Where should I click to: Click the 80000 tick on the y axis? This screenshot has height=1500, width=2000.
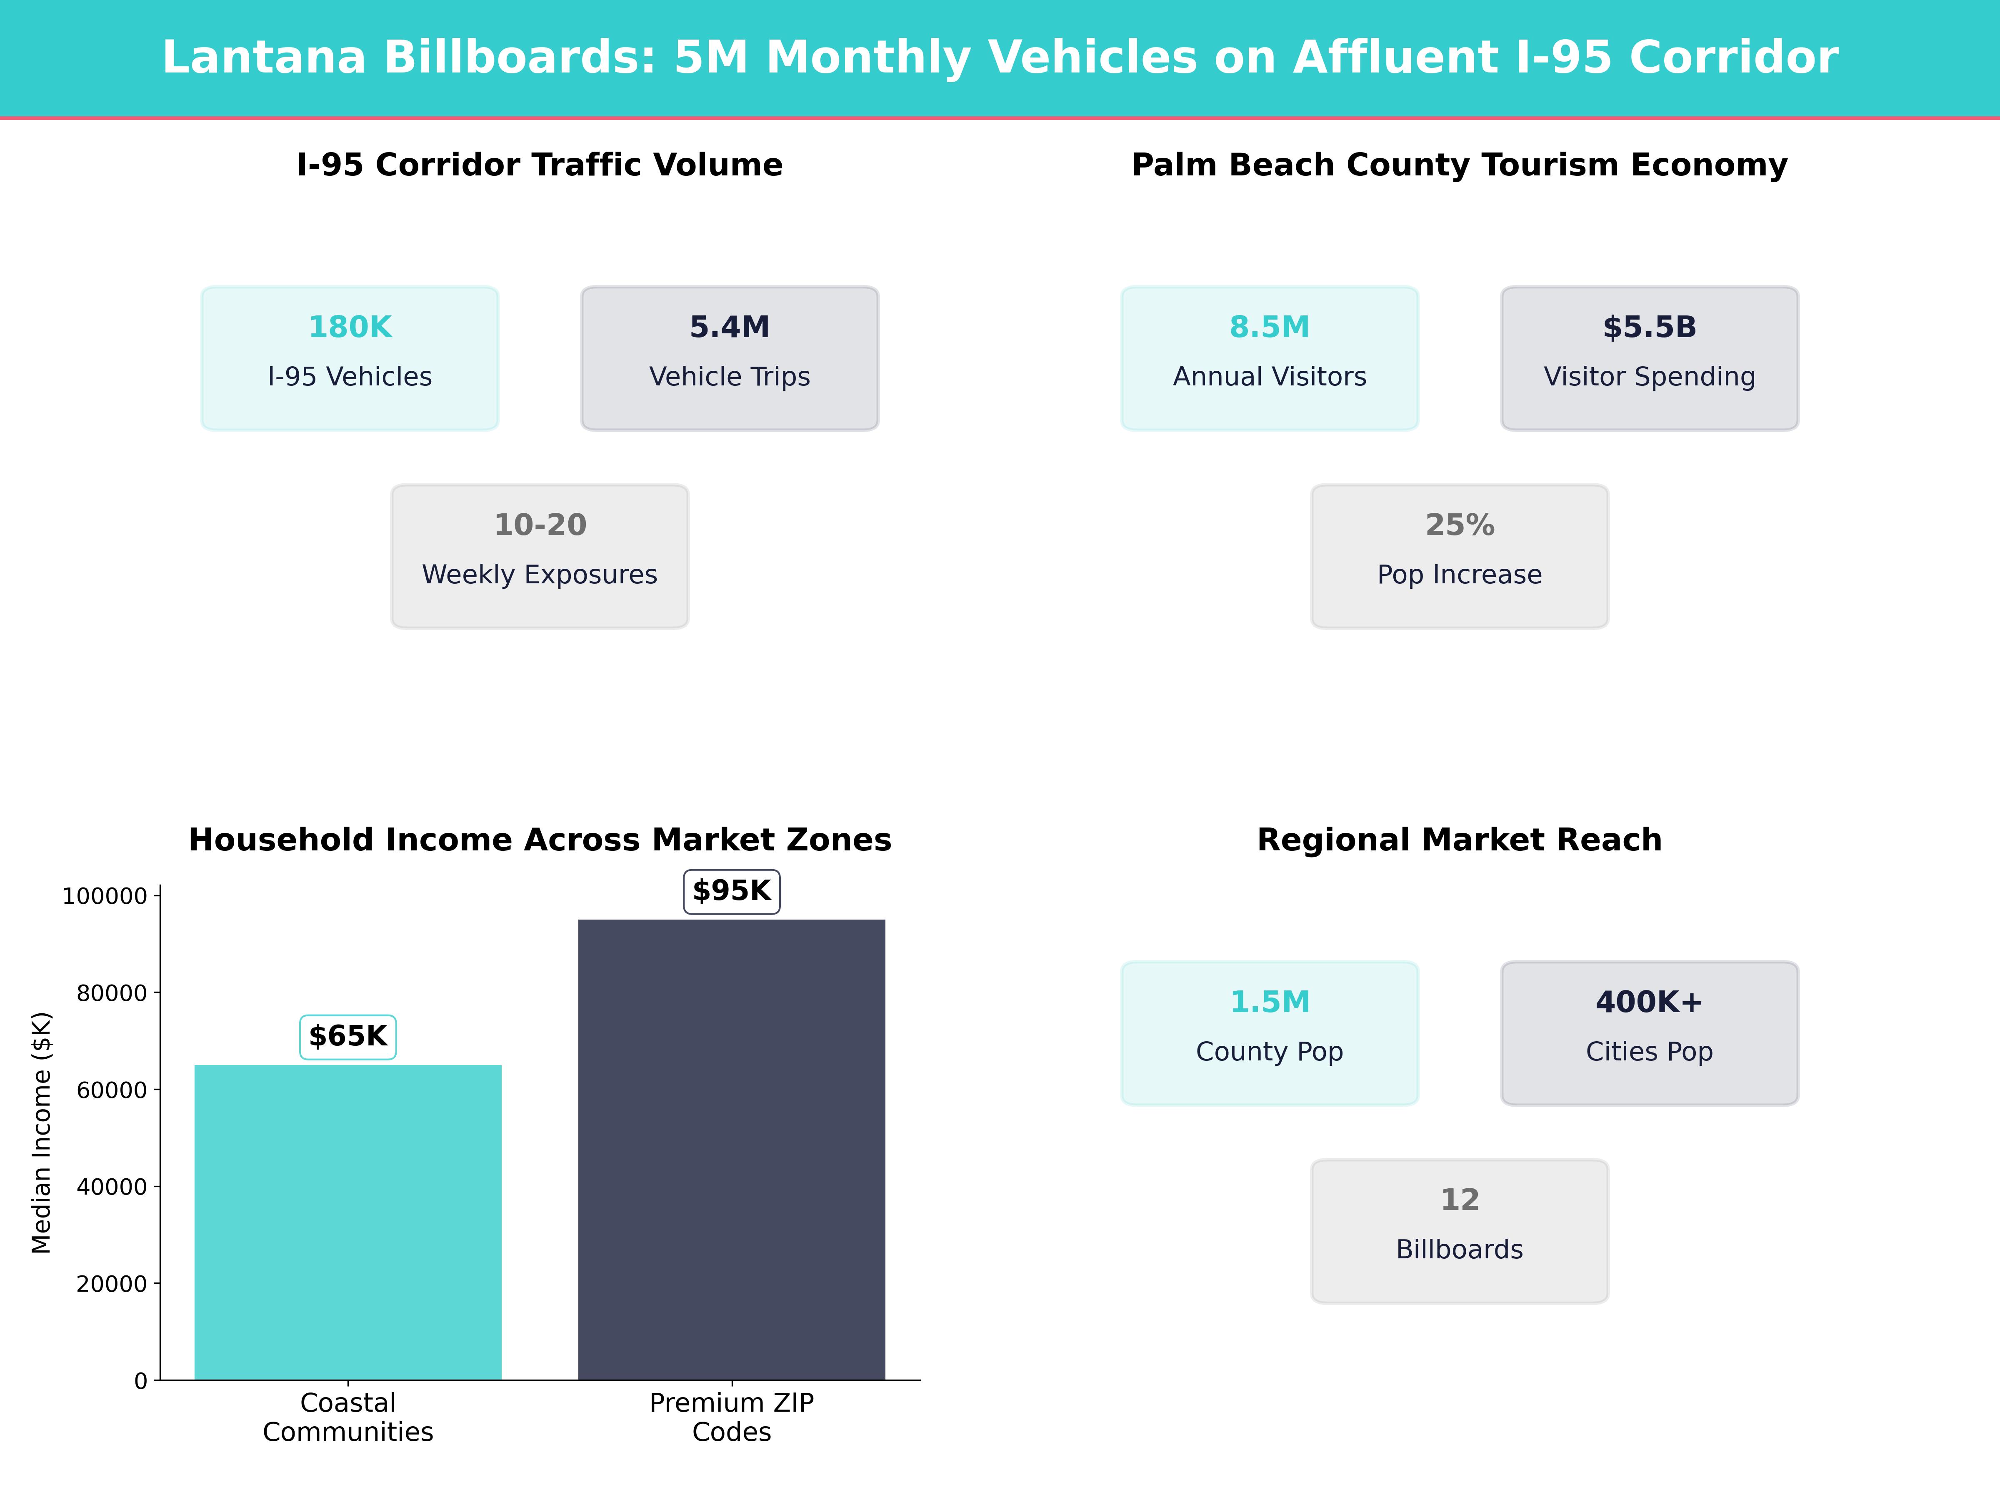[x=111, y=993]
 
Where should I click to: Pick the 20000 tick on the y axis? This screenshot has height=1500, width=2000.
[x=111, y=1284]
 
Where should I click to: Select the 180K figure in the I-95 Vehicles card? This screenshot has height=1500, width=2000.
[x=350, y=327]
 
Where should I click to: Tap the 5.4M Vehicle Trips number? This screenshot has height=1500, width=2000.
[x=730, y=327]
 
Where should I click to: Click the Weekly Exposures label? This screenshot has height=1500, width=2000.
[x=540, y=575]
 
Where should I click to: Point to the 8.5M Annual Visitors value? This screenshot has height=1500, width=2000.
[x=1270, y=327]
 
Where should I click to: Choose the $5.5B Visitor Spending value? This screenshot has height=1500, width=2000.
[x=1649, y=327]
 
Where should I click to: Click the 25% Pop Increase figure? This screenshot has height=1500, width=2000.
[x=1459, y=525]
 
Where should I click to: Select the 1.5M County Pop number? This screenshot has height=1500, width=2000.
[x=1270, y=1002]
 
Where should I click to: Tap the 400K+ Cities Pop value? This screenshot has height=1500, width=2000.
[x=1649, y=1002]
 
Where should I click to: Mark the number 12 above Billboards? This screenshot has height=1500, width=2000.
[x=1459, y=1200]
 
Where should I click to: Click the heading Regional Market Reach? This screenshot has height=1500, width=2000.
[x=1459, y=840]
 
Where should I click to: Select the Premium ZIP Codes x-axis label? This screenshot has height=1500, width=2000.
[x=732, y=1417]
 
